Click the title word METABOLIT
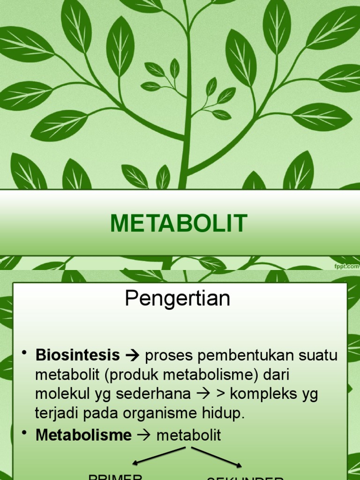tap(179, 223)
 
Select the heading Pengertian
tap(178, 299)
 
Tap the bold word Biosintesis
tap(77, 356)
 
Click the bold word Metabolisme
tap(83, 435)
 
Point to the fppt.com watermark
tap(346, 266)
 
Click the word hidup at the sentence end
tap(227, 413)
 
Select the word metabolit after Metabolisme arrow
tap(188, 435)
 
